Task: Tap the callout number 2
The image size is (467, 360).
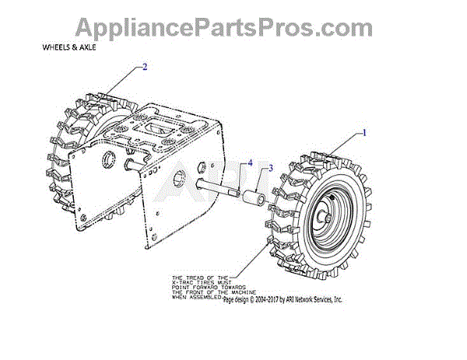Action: (x=144, y=67)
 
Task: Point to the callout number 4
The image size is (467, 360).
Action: (x=250, y=163)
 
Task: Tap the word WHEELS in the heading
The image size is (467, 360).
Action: (x=56, y=47)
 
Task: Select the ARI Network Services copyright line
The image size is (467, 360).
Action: (x=283, y=300)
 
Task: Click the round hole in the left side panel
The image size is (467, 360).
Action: (x=106, y=161)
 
